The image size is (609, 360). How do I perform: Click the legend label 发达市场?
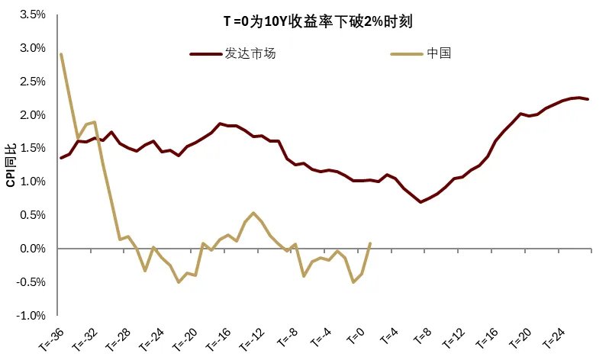coord(250,54)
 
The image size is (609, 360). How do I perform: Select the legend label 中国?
coord(440,54)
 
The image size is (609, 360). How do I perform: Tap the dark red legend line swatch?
coord(205,54)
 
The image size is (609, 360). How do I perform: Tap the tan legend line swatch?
coord(404,54)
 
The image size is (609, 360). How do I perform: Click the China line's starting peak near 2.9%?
coord(61,54)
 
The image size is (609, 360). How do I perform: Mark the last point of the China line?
coord(370,244)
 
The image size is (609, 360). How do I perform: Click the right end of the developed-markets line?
coord(588,99)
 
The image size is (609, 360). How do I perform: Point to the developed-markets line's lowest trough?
coord(420,202)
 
